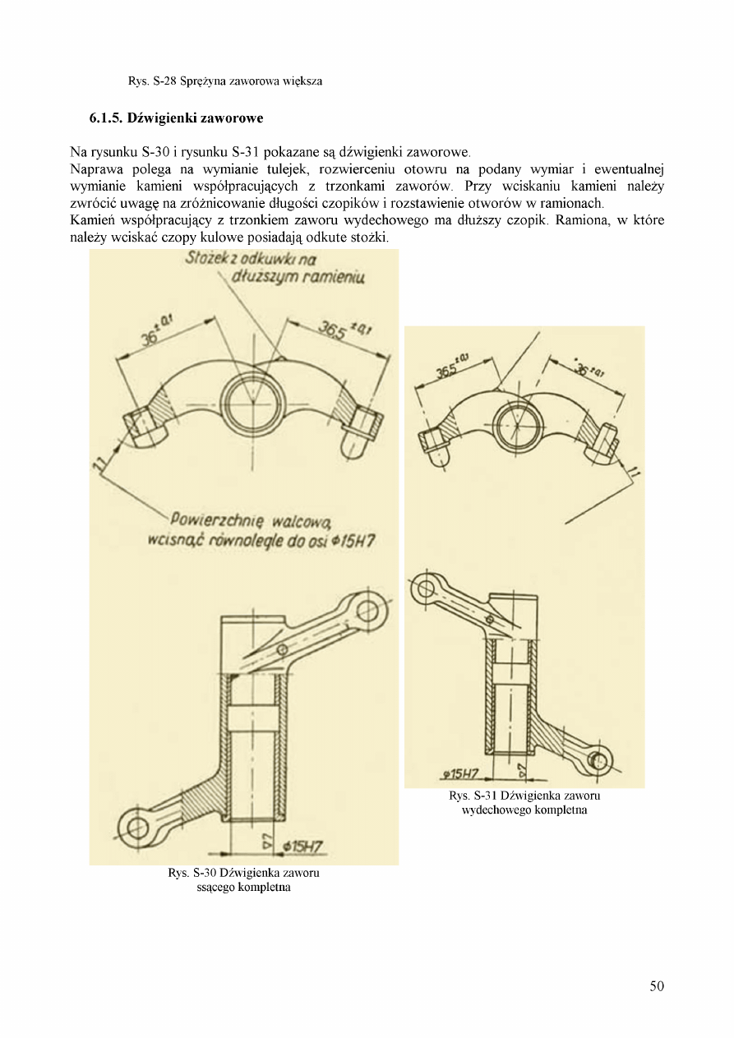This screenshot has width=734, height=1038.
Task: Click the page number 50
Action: click(656, 986)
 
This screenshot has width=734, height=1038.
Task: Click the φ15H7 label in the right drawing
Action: click(460, 773)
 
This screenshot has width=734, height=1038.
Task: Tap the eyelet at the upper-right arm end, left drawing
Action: click(366, 610)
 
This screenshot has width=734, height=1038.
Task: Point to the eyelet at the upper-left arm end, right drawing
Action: click(425, 588)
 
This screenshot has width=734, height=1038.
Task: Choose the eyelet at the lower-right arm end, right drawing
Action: click(598, 762)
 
